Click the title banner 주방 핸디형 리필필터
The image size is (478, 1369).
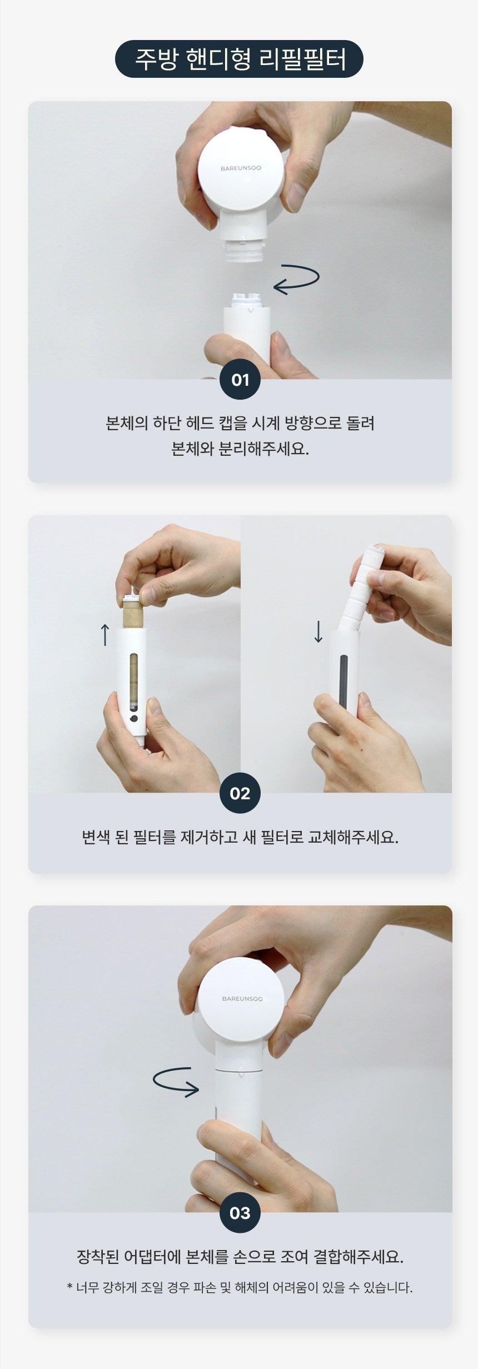(239, 59)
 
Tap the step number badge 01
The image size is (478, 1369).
(240, 380)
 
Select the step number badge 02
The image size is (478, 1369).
(240, 793)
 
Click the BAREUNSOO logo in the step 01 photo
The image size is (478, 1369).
(241, 168)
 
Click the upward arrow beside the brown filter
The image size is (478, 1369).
(104, 634)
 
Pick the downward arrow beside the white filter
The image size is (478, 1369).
(318, 631)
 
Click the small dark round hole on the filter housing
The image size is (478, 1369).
(133, 719)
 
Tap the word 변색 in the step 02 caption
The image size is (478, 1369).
(96, 837)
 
